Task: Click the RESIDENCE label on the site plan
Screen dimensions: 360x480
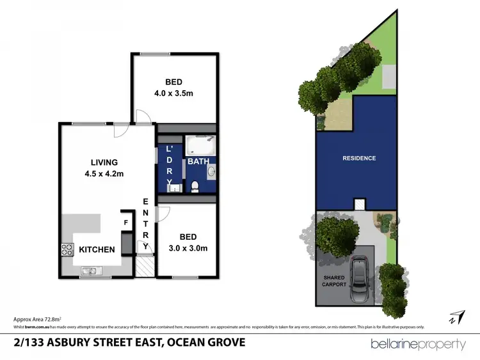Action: tap(359, 158)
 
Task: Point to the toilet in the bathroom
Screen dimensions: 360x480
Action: tap(196, 185)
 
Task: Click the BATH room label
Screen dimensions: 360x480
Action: tap(198, 162)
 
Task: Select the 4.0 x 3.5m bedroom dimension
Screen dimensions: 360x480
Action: tap(173, 94)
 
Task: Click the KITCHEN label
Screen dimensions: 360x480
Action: tap(98, 249)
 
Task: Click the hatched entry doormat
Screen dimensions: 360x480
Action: tap(145, 265)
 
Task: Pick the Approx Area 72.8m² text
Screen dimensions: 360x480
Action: tap(38, 318)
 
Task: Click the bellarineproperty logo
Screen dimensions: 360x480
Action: tap(418, 344)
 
